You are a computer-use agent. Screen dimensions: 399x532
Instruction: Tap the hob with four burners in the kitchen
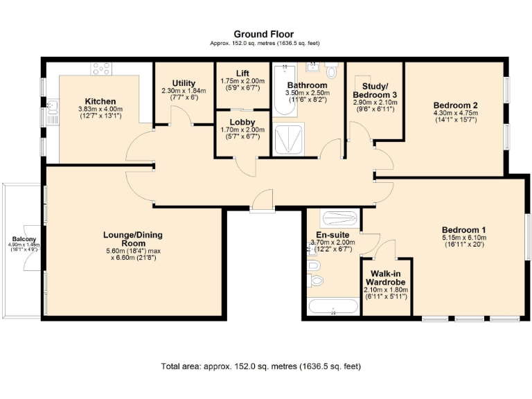[102, 68]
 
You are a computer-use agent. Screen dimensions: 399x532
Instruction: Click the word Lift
[242, 72]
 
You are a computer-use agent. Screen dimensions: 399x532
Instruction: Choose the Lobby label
[242, 121]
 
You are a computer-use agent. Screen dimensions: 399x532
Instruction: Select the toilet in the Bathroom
[332, 71]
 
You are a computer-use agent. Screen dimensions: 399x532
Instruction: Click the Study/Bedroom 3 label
[375, 89]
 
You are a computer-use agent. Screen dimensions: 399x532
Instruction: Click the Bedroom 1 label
[463, 230]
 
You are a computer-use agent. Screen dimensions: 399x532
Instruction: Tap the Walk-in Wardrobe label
[387, 278]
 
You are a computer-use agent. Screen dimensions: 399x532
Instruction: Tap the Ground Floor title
[263, 34]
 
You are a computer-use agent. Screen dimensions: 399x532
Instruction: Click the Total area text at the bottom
[260, 366]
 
